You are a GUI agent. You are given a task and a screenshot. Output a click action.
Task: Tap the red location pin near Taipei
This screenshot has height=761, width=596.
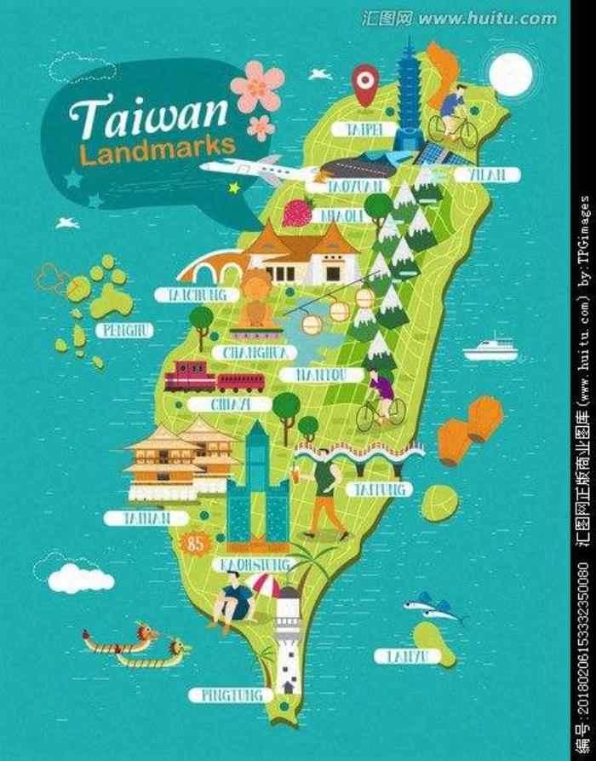[365, 83]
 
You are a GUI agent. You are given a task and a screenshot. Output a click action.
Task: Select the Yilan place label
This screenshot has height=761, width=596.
[487, 174]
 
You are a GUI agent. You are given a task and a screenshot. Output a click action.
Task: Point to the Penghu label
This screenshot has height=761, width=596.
[125, 330]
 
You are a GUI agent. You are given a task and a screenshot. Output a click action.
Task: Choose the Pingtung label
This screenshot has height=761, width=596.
[231, 695]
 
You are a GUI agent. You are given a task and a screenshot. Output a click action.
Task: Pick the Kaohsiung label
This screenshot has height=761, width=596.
[255, 565]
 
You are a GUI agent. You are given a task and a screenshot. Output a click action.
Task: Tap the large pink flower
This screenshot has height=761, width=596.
[256, 86]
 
